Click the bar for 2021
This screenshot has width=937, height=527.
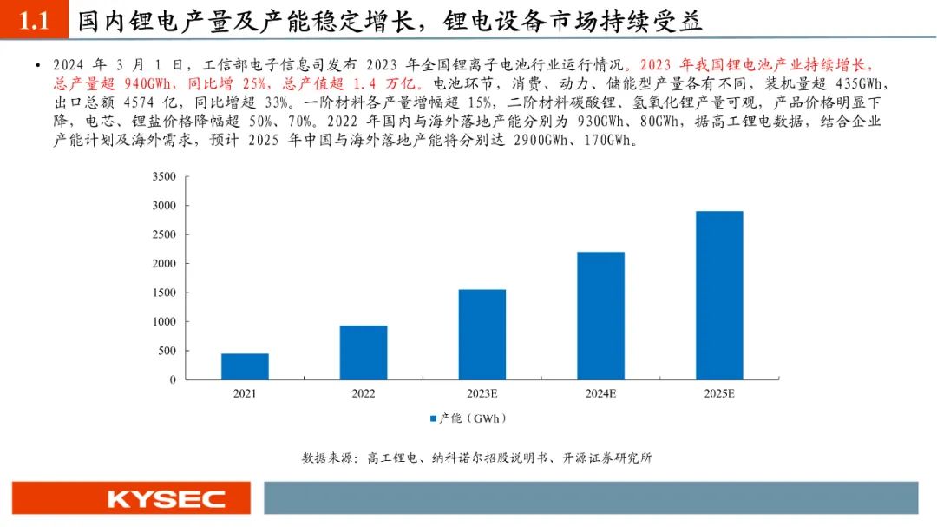pyautogui.click(x=245, y=366)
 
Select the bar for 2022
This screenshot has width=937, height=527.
pyautogui.click(x=364, y=352)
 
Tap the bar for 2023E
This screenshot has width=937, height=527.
pyautogui.click(x=482, y=334)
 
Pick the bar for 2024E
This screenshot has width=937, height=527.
pyautogui.click(x=600, y=315)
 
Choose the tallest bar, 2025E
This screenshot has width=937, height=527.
pyautogui.click(x=719, y=295)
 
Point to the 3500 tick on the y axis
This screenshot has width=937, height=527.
pyautogui.click(x=164, y=177)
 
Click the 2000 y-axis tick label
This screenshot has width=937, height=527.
pyautogui.click(x=164, y=264)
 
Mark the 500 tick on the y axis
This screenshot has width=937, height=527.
pyautogui.click(x=167, y=351)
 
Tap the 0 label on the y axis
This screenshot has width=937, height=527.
pyautogui.click(x=172, y=379)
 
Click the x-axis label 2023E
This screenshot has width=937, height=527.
pyautogui.click(x=482, y=394)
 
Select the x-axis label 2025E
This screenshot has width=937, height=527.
pyautogui.click(x=719, y=394)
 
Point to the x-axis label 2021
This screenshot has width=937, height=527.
pyautogui.click(x=245, y=394)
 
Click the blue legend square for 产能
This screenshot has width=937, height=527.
pyautogui.click(x=433, y=418)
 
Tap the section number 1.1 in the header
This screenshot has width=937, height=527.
pyautogui.click(x=34, y=22)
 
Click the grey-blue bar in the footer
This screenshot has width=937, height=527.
pyautogui.click(x=590, y=498)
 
